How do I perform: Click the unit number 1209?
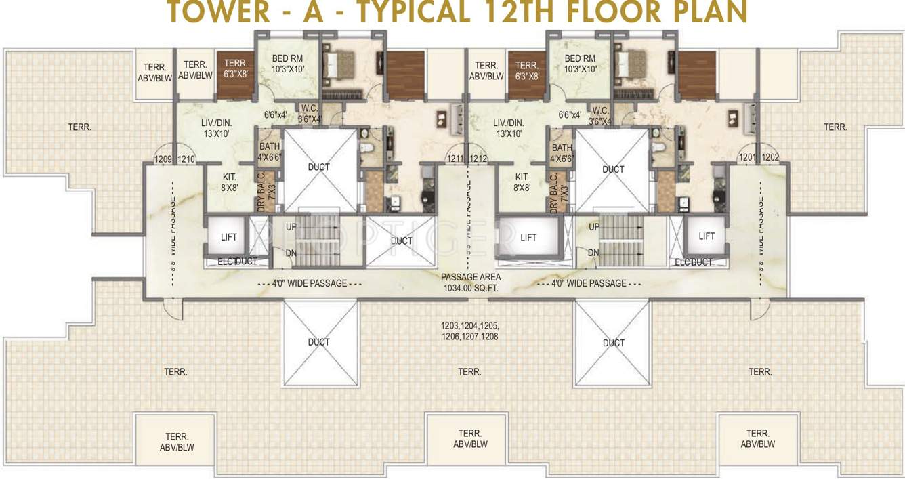[x=163, y=159]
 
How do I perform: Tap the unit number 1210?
[x=186, y=159]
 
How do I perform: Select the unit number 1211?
[x=455, y=159]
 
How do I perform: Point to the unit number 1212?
[x=478, y=159]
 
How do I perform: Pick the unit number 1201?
[x=747, y=158]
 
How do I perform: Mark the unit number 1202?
[x=770, y=158]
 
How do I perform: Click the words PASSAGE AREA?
[x=471, y=277]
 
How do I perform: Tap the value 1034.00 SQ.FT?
[x=471, y=288]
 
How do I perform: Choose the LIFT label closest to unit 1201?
[x=707, y=236]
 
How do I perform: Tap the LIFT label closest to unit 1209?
[x=229, y=236]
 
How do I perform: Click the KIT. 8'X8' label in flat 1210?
[x=229, y=182]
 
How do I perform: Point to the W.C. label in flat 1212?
[x=600, y=110]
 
